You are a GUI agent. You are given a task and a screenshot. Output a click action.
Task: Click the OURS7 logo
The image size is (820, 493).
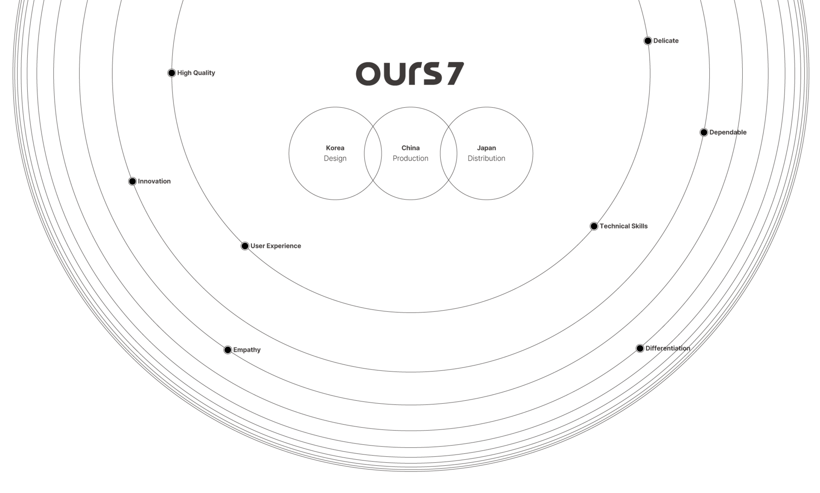tap(409, 74)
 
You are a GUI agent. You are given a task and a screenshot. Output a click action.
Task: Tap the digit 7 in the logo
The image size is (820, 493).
tap(454, 74)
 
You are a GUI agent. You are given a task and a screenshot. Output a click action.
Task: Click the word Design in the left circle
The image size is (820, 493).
tap(335, 158)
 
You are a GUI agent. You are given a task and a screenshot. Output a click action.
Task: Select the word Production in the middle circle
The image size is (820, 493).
tap(410, 158)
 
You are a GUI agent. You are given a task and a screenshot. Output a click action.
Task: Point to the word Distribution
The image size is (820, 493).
tap(486, 158)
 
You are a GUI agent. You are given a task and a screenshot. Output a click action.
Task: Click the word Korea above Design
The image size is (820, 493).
tap(335, 148)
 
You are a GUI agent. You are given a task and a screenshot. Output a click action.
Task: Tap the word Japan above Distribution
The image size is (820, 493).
tap(486, 148)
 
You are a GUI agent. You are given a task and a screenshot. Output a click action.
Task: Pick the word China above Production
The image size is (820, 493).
tap(410, 148)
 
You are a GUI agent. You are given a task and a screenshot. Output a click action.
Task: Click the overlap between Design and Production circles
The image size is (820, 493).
tap(373, 153)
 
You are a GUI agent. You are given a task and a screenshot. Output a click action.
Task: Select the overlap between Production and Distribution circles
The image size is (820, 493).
tap(448, 153)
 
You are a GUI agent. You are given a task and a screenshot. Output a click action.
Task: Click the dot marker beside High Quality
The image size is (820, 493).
tap(172, 73)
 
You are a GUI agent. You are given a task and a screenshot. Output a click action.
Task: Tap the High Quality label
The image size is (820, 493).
tap(196, 73)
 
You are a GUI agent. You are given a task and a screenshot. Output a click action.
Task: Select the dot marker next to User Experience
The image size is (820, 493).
tap(245, 246)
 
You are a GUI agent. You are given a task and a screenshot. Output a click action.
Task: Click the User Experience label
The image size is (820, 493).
tap(276, 246)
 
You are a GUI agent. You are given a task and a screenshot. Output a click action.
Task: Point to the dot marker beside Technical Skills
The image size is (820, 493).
tap(594, 226)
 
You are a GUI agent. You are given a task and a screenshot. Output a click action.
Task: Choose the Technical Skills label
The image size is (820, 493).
tap(624, 226)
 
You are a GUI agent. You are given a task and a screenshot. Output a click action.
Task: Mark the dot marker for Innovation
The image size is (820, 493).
tap(132, 182)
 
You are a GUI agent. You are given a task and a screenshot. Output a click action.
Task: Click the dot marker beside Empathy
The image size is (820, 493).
tap(228, 350)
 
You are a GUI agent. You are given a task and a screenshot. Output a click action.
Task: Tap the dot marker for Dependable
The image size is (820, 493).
tap(704, 132)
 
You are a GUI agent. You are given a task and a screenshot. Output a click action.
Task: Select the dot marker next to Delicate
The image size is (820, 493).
tap(648, 41)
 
